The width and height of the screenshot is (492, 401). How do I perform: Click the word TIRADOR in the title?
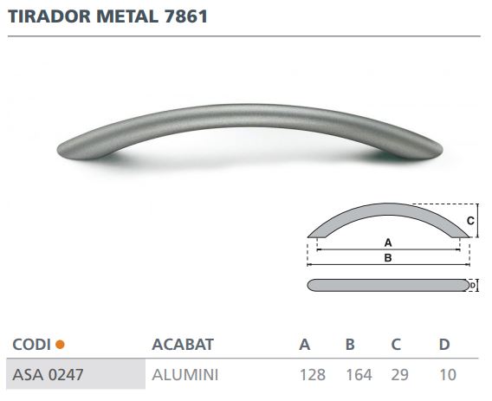[44, 16]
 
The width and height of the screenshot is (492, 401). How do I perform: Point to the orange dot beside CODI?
[60, 345]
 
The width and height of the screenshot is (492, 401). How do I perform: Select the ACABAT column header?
[182, 345]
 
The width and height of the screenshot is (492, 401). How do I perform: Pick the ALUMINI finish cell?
[184, 375]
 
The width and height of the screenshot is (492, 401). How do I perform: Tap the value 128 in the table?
[313, 375]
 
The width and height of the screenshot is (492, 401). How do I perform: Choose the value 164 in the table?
[358, 375]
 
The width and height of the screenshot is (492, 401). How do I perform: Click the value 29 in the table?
[400, 375]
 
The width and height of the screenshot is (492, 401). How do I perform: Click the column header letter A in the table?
[305, 345]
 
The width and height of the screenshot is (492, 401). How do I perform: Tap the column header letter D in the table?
[444, 345]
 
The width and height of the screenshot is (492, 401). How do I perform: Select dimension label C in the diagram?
[470, 221]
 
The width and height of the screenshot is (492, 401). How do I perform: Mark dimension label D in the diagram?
[473, 285]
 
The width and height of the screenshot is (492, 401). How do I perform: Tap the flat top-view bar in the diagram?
[387, 285]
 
